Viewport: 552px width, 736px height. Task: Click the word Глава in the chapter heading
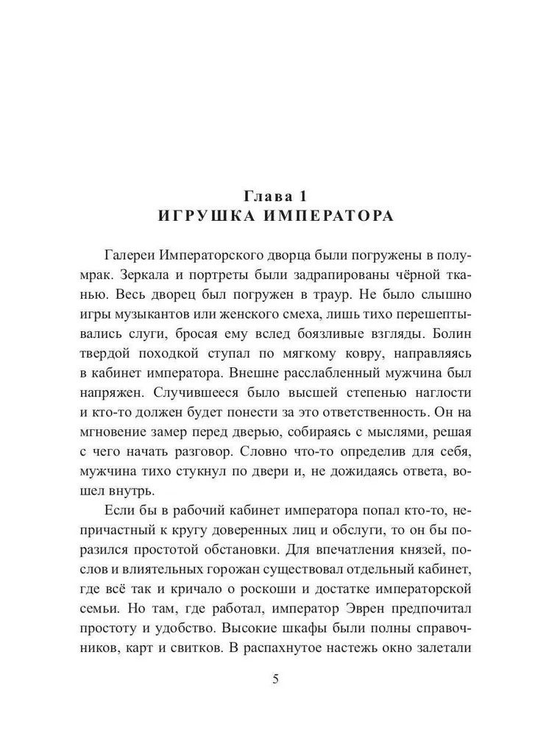coord(266,196)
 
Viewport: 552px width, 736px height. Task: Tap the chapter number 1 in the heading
coord(302,196)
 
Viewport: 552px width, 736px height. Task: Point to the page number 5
coord(276,679)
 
